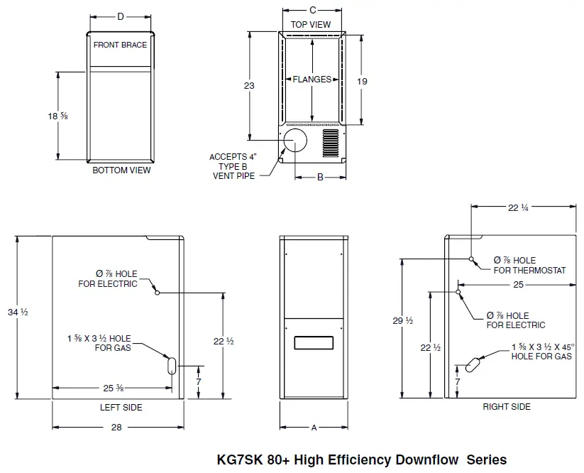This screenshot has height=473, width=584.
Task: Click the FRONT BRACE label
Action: (120, 45)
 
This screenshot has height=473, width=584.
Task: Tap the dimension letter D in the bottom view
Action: (120, 16)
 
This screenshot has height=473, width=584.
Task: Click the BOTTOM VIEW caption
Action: (121, 170)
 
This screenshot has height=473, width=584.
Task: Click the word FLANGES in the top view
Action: (312, 80)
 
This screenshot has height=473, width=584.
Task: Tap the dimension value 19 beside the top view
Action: (362, 82)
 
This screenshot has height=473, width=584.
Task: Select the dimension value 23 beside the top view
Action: (249, 85)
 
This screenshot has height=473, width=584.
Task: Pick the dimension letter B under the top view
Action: (320, 178)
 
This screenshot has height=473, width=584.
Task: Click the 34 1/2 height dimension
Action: (18, 312)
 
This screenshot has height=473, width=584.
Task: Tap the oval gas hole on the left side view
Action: (171, 365)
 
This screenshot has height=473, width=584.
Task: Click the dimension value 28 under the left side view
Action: (116, 427)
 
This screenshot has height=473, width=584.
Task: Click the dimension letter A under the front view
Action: (314, 428)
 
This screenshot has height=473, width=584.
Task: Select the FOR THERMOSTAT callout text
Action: (529, 270)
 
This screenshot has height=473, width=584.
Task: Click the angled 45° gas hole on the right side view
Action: (473, 363)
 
